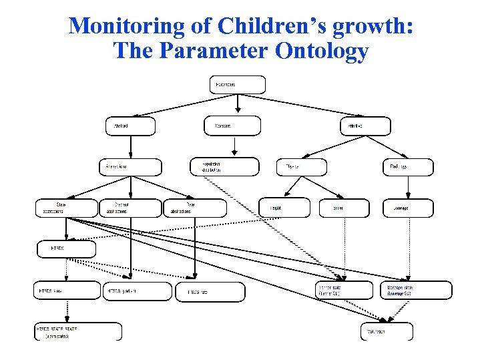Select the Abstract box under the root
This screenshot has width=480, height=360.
click(x=130, y=126)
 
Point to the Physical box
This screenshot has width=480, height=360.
click(x=302, y=167)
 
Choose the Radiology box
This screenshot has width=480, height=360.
click(x=407, y=167)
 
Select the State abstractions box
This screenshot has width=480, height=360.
click(x=65, y=208)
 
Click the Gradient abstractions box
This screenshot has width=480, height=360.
click(x=130, y=208)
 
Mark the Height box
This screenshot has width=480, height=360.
click(x=285, y=208)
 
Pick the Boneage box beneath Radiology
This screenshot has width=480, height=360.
click(x=407, y=208)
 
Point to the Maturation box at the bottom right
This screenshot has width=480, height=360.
click(x=387, y=331)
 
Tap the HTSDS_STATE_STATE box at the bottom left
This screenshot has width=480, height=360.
click(x=78, y=331)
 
